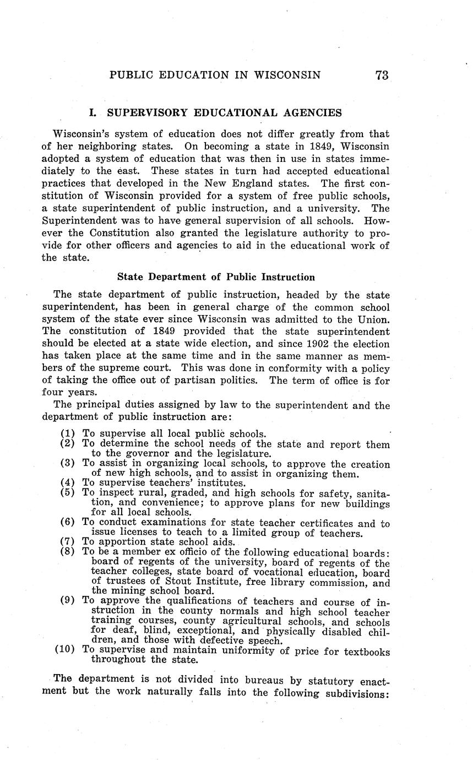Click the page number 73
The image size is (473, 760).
[382, 75]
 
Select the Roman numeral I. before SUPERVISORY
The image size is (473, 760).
[93, 113]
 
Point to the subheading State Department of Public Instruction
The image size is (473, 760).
[216, 277]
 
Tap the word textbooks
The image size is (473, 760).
[367, 652]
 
